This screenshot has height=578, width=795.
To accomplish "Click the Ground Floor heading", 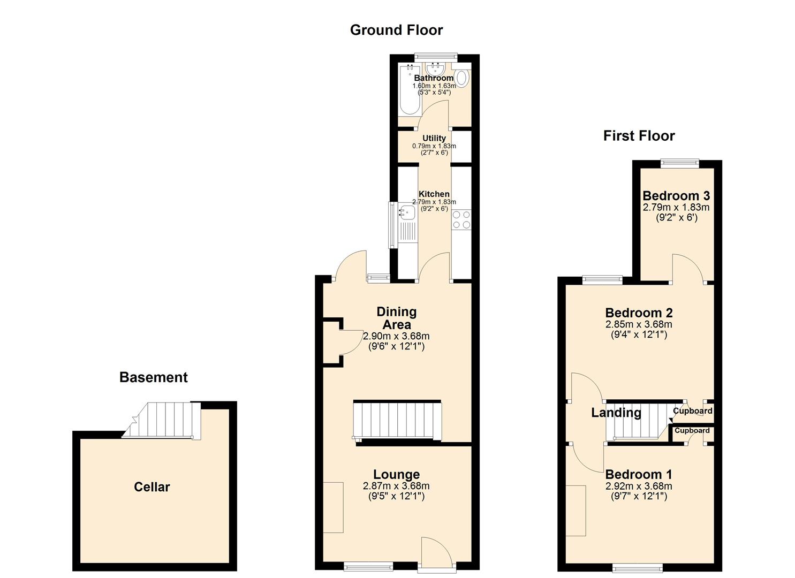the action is pos(396,30).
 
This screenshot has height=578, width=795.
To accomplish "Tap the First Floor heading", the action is pos(639,136).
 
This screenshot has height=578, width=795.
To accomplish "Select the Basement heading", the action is pos(153,377).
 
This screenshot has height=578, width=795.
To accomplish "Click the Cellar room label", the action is pos(152,487).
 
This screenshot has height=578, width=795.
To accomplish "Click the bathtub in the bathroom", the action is pos(410,90).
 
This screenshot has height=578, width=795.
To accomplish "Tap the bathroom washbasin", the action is pos(433,69).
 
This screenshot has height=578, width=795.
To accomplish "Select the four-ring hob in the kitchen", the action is pos(461,219).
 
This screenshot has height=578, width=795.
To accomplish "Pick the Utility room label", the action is pos(434,138).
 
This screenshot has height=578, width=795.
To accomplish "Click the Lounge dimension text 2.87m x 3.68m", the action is pos(396,486).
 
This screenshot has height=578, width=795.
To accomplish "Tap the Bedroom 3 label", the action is pos(676,196).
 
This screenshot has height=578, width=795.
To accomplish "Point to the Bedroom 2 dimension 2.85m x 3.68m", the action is pos(639,324).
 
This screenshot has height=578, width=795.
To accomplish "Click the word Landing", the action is pos(616,413).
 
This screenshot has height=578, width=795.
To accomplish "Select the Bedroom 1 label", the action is pos(639,474).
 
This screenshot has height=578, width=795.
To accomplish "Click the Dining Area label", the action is pos(397,318).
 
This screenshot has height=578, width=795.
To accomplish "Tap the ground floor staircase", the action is pos(397,421).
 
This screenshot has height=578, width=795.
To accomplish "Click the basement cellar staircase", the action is pos(162,421).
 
